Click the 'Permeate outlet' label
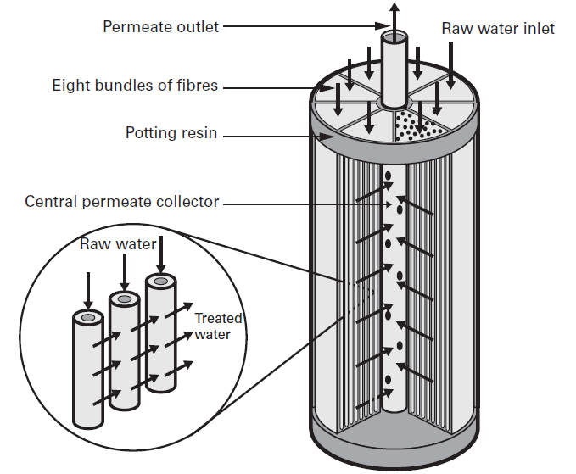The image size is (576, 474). click(160, 26)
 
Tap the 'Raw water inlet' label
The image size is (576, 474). click(497, 28)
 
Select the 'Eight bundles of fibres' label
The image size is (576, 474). click(135, 86)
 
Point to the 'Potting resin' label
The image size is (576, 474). click(171, 133)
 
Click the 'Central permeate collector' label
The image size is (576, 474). click(121, 202)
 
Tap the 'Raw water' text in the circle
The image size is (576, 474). click(118, 244)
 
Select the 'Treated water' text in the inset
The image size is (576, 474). click(218, 326)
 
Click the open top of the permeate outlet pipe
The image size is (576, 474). click(394, 38)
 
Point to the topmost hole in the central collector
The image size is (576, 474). click(389, 177)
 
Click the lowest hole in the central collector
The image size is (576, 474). click(389, 378)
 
